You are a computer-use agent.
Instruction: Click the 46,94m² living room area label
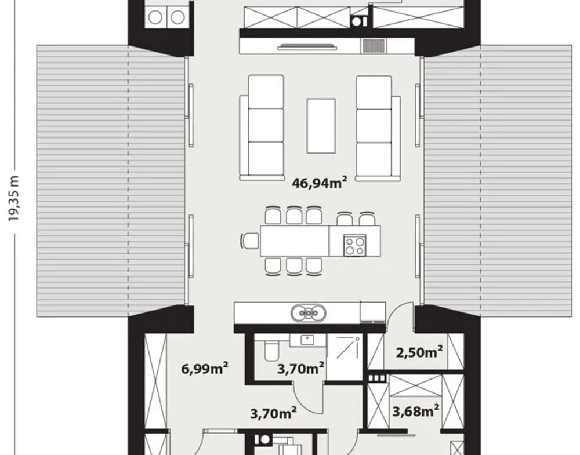point(320,183)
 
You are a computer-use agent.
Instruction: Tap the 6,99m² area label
point(205,368)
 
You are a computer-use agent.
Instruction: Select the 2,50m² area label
point(419,352)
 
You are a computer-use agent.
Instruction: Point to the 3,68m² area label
point(416,410)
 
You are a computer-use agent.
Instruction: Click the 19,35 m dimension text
point(14,198)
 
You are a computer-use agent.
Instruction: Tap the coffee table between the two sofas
point(321,126)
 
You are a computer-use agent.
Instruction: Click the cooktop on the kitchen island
point(355,245)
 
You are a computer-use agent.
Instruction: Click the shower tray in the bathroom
point(345,356)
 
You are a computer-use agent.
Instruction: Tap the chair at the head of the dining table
point(249,241)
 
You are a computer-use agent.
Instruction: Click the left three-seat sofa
point(262,128)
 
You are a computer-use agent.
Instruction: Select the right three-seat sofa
point(378,128)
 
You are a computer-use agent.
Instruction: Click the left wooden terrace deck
point(110,181)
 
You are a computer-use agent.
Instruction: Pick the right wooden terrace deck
point(498,181)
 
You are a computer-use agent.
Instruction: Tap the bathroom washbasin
point(307,340)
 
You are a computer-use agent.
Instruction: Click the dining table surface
point(295,241)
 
